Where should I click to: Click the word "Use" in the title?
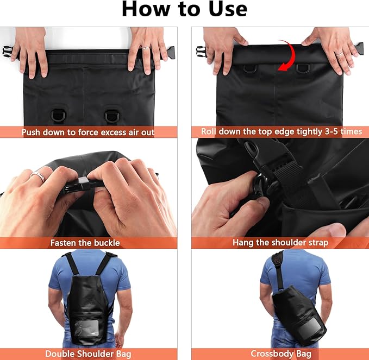pos(228,9)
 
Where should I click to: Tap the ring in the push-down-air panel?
pos(145,48)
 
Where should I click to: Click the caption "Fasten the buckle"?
pos(85,243)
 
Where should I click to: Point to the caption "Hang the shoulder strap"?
pos(280,242)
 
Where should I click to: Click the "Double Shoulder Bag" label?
pos(88,353)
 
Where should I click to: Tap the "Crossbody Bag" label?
pos(281,353)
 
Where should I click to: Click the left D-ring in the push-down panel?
pos(58,116)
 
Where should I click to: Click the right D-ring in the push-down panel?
pos(112,116)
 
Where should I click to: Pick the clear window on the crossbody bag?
pos(312,329)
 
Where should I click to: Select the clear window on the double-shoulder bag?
pos(86,328)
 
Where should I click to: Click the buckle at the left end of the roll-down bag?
pos(201,52)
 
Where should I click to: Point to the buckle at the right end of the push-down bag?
pos(171,53)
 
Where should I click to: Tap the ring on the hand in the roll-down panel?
pos(339,54)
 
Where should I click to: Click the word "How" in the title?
pos(146,9)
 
